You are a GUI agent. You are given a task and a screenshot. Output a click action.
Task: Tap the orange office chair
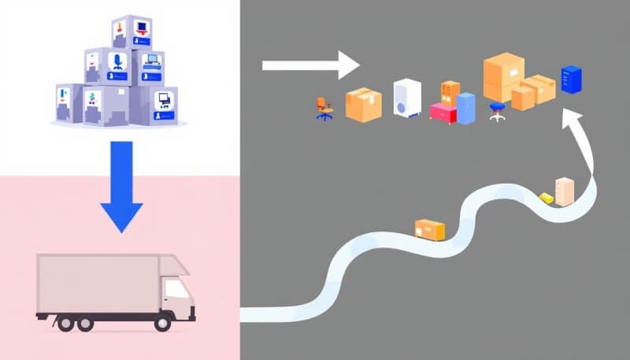coord(324,108)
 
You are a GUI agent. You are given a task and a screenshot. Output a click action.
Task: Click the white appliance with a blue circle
coord(406,99)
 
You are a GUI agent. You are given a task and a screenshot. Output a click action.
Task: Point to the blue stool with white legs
coord(497,111)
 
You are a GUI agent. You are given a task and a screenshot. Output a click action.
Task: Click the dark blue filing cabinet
coord(571,80)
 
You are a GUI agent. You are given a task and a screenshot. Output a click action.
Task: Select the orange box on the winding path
coord(429,229)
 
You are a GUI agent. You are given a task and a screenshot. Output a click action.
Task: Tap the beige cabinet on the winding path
coord(565,191)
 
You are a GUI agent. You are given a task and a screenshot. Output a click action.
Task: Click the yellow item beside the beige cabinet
coord(546,198)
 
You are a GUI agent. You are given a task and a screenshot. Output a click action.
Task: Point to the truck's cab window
coord(177,289)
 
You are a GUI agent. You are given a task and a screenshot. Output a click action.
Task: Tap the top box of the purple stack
coord(131,32)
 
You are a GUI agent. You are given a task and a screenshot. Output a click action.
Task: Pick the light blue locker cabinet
coord(466,108)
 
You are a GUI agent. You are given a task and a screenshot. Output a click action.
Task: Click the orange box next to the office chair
coord(364,104)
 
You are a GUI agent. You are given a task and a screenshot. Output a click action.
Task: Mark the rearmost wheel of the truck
coord(63,323)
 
